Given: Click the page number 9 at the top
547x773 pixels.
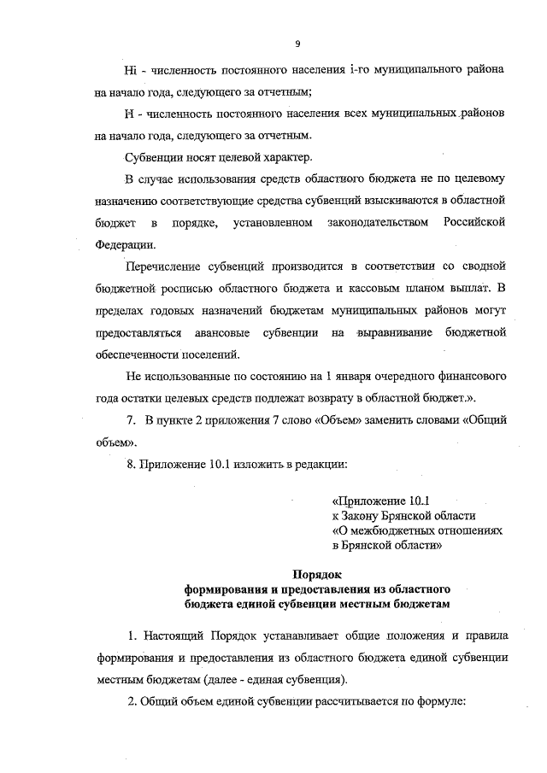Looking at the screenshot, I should point(297,44).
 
